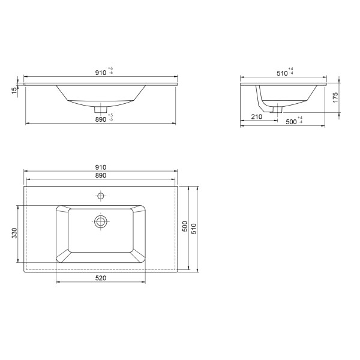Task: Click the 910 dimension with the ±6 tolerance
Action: [x=101, y=73]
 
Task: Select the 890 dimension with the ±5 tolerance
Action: [x=100, y=119]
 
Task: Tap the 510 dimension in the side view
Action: [x=280, y=73]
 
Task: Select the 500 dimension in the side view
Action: [x=292, y=122]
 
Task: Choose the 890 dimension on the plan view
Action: [x=100, y=175]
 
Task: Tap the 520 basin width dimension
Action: [x=101, y=278]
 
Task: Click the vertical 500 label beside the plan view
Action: [x=185, y=227]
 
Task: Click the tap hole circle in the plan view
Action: [x=101, y=195]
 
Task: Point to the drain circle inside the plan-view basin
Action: [x=101, y=221]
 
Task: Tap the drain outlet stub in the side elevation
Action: [x=277, y=109]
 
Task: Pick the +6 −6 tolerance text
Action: [x=111, y=71]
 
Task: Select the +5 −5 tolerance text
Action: [x=111, y=118]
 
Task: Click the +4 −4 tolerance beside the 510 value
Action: [x=290, y=71]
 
